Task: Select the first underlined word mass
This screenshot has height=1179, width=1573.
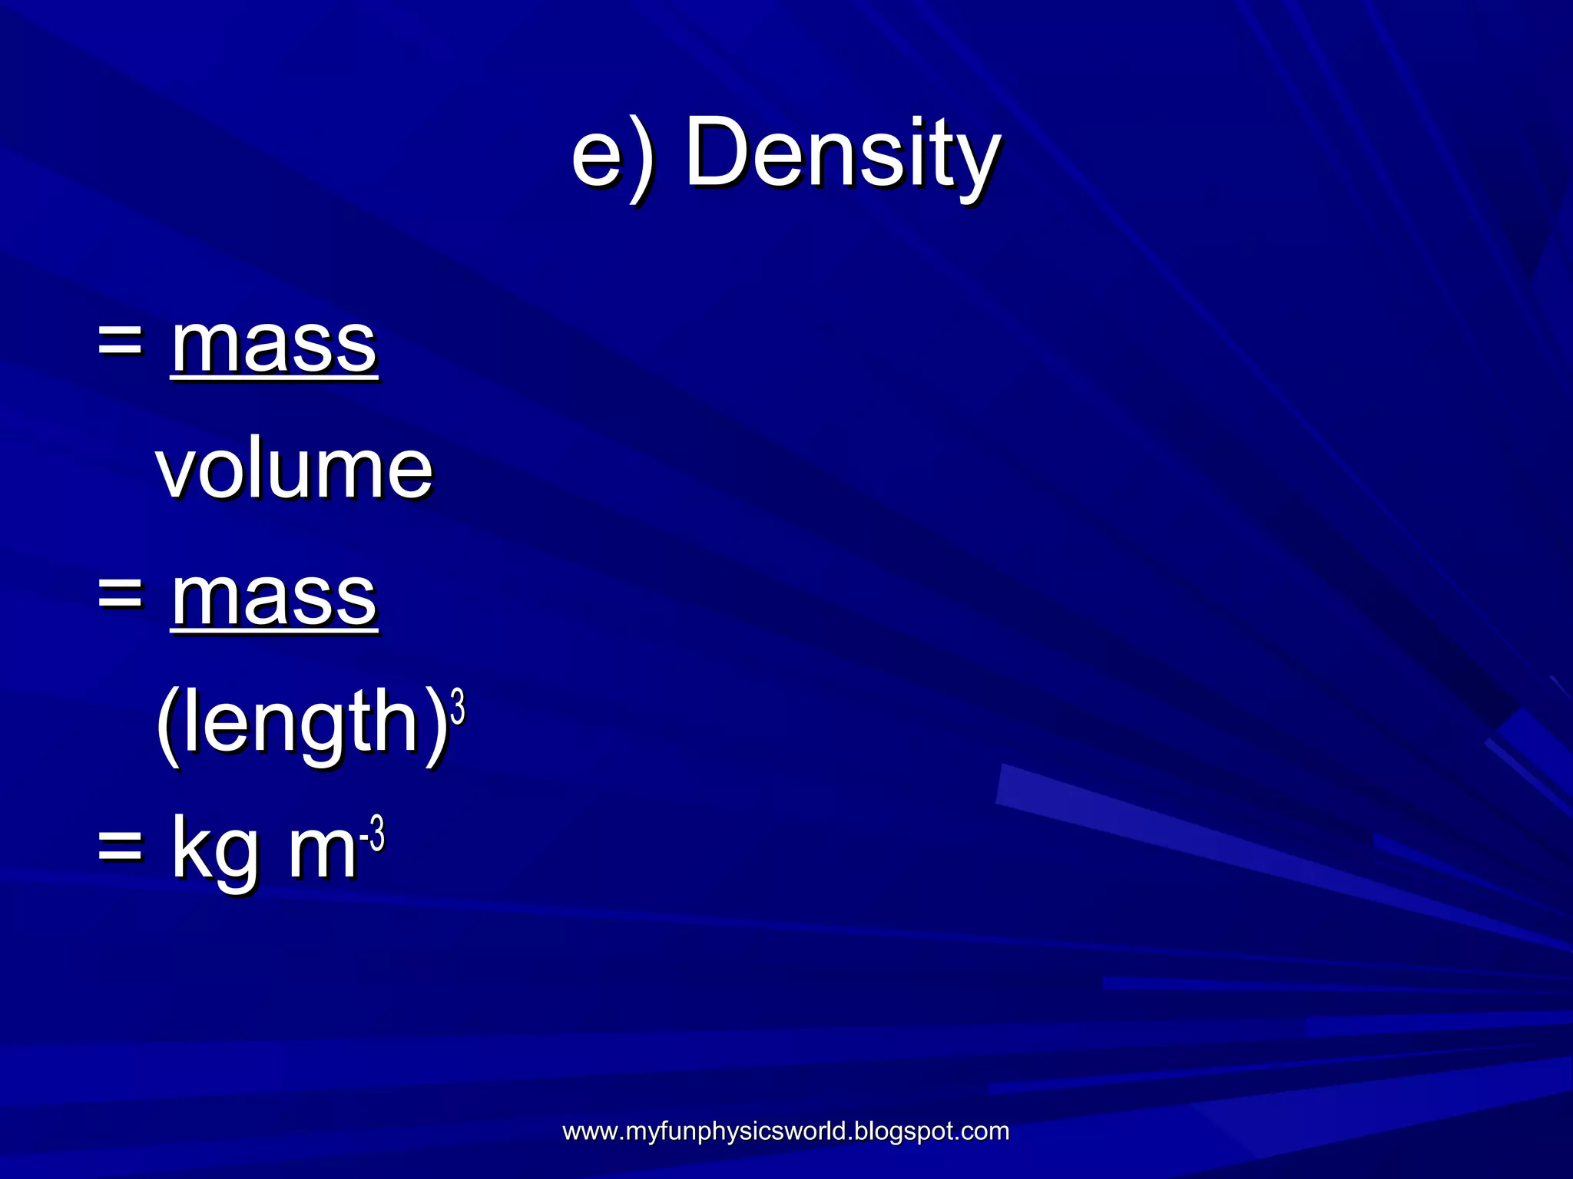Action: [273, 345]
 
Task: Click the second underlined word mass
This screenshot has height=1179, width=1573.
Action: [273, 598]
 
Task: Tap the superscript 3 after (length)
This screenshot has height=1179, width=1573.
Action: [458, 707]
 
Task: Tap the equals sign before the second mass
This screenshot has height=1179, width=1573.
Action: [121, 596]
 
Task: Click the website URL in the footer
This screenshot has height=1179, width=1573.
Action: [785, 1131]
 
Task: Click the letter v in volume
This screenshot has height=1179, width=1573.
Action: [176, 471]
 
